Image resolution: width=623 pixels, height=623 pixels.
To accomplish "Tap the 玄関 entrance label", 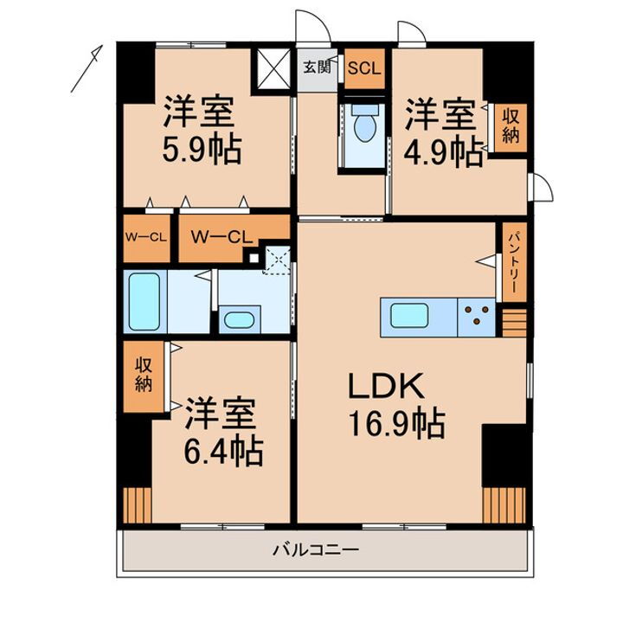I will coord(317,67).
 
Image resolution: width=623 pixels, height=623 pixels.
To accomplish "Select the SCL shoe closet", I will coord(363,67).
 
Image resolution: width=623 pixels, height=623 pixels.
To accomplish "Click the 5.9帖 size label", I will coord(201,153).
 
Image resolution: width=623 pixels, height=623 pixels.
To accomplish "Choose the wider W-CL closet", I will coord(222,236).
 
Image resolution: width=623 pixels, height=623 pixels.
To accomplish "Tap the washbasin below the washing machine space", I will coord(237,320).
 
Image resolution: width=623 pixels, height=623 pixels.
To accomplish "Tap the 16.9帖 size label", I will coord(397,426).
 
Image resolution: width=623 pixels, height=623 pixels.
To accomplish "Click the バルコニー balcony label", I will coord(316,550).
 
